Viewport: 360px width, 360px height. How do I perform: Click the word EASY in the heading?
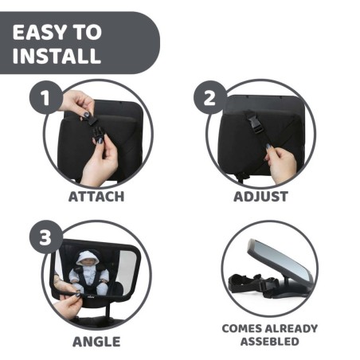pos(42,33)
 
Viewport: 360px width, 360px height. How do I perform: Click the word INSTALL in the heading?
pos(57,57)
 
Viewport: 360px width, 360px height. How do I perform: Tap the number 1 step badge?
pos(46,98)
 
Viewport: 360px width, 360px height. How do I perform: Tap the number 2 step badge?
pos(209,98)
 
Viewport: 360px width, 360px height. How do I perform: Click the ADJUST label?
pos(260,196)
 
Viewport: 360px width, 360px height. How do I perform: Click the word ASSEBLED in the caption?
pos(270,342)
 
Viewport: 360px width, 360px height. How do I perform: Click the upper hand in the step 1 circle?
pos(78,105)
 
